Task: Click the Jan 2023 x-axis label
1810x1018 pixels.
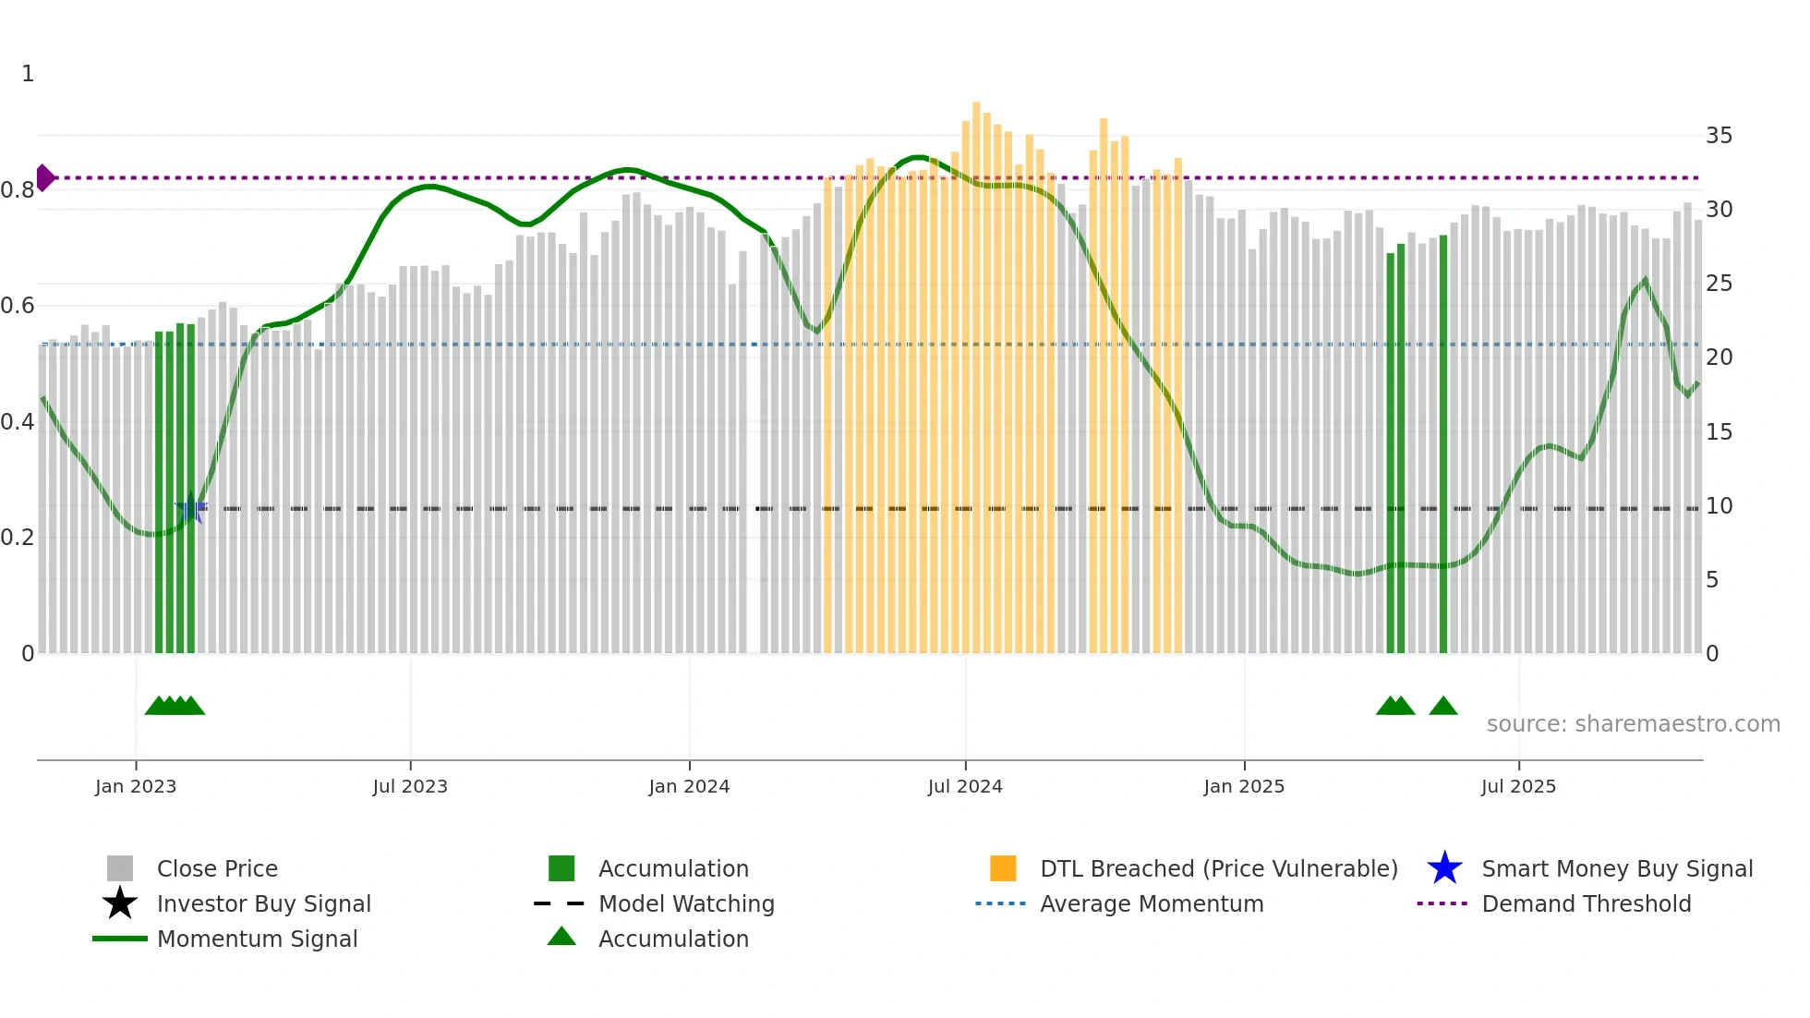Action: click(136, 786)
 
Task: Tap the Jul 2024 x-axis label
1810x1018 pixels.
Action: click(965, 786)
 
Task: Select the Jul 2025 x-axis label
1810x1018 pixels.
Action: click(1518, 786)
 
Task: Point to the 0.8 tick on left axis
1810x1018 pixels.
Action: click(18, 190)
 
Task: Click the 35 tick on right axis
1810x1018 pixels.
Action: click(1719, 136)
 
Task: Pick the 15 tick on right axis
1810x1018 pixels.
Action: click(1719, 431)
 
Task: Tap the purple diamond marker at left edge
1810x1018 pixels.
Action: click(44, 177)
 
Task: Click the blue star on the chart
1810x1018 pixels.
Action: click(192, 507)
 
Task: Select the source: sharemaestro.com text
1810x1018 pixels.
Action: click(1633, 723)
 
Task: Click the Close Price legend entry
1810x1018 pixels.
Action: click(217, 868)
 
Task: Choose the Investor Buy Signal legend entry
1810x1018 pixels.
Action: click(263, 903)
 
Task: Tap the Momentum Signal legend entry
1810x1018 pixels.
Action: click(257, 939)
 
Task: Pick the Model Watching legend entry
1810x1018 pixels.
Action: click(686, 903)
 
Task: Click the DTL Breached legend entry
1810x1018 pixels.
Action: click(1218, 868)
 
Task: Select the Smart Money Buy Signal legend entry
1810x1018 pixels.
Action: click(1616, 868)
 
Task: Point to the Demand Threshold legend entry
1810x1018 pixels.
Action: click(1586, 903)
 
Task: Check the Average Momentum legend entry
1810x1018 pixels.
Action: click(1152, 903)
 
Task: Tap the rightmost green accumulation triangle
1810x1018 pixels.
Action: click(1443, 707)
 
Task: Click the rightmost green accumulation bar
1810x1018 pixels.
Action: click(1443, 443)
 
